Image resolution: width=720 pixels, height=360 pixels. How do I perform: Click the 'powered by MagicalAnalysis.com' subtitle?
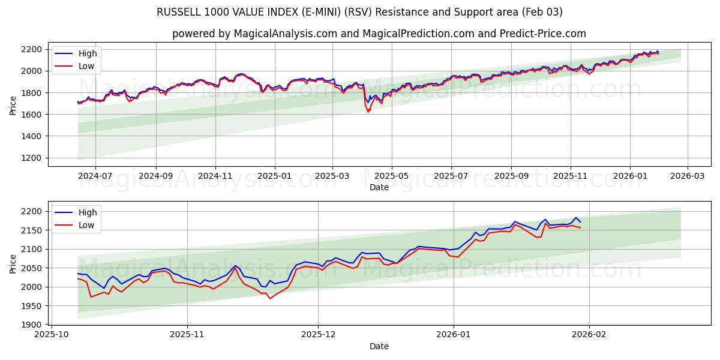(379, 34)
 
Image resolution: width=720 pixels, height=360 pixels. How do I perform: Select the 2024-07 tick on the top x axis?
(95, 176)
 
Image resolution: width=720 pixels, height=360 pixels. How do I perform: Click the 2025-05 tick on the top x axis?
(392, 176)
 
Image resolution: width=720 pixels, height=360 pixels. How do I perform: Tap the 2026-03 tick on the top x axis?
(687, 176)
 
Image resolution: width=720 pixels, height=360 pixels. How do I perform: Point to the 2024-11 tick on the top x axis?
(215, 176)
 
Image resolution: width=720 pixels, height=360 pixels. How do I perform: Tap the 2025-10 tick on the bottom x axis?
(52, 335)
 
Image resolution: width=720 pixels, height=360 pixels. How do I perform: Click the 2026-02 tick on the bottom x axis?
(589, 335)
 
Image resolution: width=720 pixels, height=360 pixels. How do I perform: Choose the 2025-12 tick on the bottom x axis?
(318, 335)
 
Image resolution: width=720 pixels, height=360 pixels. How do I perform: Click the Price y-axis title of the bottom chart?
(13, 263)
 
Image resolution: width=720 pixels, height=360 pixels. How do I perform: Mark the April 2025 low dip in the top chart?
(368, 112)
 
